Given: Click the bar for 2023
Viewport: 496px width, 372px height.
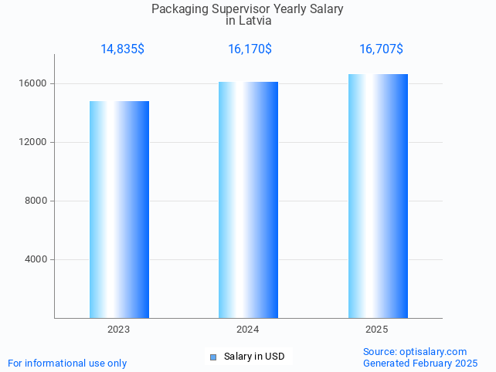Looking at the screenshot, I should click(x=119, y=209).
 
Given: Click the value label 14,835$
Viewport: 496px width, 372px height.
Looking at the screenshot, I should click(x=122, y=49).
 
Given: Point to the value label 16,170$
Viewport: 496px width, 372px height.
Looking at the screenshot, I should click(x=250, y=49).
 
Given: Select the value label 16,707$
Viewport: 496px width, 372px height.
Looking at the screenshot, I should click(x=381, y=49).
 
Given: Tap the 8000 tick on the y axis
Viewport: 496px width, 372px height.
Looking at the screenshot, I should click(x=36, y=201).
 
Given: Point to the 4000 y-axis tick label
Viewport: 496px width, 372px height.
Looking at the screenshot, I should click(x=36, y=259).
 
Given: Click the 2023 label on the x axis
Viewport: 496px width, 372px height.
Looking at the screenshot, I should click(x=119, y=330).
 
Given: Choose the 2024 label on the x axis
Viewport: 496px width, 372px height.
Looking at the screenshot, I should click(x=248, y=330).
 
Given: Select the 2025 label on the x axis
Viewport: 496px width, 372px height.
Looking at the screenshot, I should click(x=377, y=330).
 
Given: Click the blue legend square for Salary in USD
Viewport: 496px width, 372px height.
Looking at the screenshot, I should click(x=213, y=357).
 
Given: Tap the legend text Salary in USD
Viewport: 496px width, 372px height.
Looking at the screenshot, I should click(x=254, y=357).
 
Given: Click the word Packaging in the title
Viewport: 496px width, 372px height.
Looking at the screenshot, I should click(x=180, y=9).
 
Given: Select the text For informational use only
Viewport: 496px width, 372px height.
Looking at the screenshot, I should click(x=67, y=363).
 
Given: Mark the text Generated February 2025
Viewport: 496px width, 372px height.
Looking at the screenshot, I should click(x=420, y=363).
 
